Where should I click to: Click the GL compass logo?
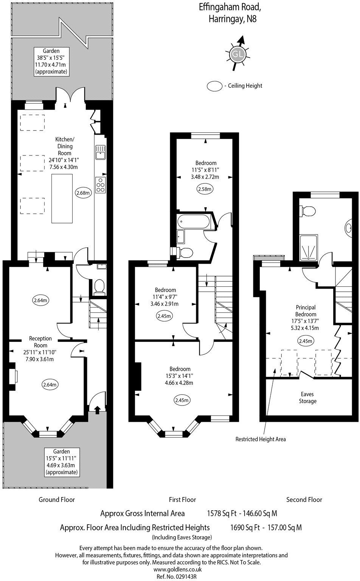tap(237, 54)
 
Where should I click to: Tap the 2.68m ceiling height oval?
tap(83, 193)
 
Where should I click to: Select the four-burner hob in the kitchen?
tap(101, 185)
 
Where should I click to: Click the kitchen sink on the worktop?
tap(101, 152)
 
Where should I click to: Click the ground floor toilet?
tap(100, 286)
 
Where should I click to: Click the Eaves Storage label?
tap(307, 398)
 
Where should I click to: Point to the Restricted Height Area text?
tap(261, 439)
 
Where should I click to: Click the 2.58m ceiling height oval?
tap(205, 189)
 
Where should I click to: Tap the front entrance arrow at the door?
tap(97, 409)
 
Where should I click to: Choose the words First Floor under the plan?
tap(182, 500)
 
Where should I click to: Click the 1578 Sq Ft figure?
tap(222, 514)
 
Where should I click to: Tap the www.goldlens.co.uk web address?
tap(177, 569)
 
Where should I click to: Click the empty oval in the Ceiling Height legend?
tap(214, 86)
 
